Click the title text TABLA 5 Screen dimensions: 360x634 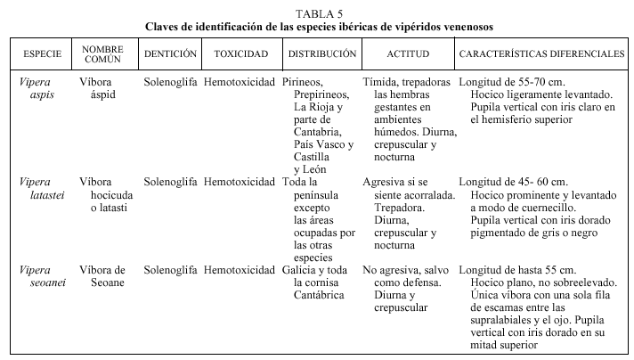[x=317, y=12]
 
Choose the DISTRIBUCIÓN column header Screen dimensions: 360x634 [x=321, y=54]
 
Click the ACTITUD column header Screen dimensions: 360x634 [x=409, y=54]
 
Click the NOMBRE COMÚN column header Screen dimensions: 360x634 [x=102, y=54]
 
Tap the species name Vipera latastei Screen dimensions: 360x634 [x=37, y=188]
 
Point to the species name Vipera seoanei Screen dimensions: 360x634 [x=37, y=276]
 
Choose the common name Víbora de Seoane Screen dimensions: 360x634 [x=102, y=276]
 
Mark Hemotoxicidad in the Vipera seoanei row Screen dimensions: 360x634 [x=240, y=270]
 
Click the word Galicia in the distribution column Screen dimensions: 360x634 [x=301, y=270]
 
